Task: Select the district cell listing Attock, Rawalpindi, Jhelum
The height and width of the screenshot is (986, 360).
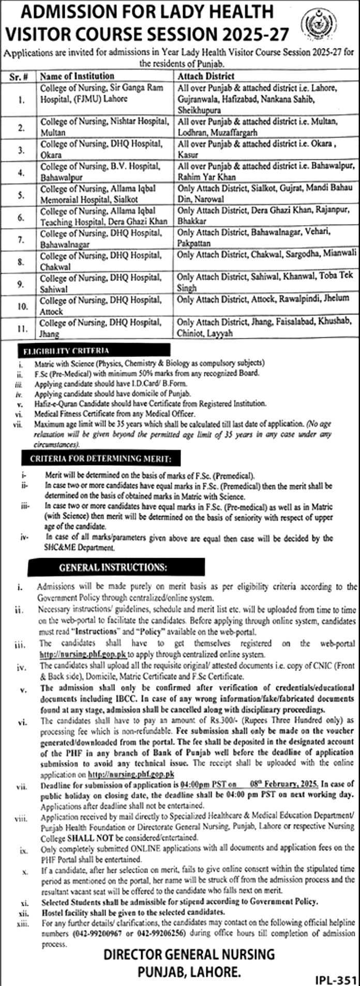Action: [263, 298]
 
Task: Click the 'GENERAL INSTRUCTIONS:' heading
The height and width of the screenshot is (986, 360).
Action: [113, 567]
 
